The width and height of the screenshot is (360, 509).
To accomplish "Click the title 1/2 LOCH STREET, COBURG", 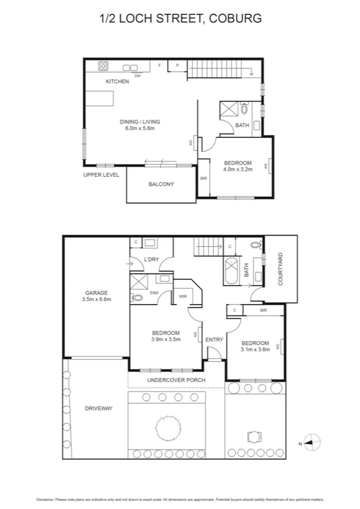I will [180, 19].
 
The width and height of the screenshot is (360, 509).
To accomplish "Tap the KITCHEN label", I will [117, 82].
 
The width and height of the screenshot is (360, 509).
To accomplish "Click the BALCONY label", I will [161, 184].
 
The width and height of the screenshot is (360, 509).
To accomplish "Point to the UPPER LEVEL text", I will [101, 175].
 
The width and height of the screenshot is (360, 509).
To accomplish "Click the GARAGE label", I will [96, 293].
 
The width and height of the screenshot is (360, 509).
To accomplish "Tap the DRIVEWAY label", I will [99, 408].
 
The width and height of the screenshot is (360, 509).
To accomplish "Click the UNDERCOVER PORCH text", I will [177, 380].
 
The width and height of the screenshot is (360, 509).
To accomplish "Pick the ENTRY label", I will [214, 340].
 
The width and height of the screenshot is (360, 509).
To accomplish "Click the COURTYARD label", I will [280, 269].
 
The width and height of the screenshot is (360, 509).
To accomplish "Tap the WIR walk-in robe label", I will [183, 296].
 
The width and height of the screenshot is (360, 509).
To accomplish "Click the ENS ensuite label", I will [154, 293].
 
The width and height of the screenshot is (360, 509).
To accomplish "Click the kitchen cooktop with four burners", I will [103, 67].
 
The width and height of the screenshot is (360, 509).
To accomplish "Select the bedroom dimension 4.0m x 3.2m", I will [238, 169].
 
